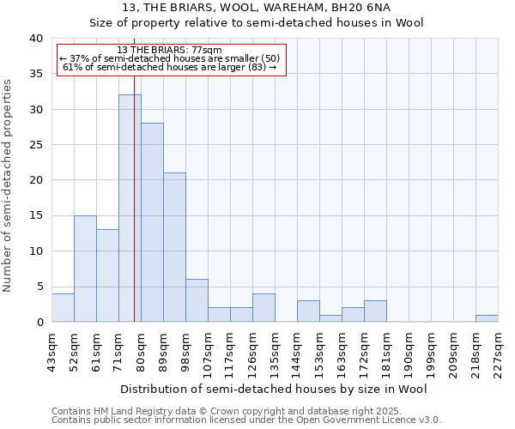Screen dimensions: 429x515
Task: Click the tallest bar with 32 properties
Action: click(130, 208)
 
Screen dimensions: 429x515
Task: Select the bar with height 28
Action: click(152, 222)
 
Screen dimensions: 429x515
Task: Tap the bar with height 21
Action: click(174, 247)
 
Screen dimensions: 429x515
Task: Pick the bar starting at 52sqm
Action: click(85, 269)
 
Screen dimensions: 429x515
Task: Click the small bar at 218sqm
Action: click(487, 318)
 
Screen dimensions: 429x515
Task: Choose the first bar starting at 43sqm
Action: click(63, 307)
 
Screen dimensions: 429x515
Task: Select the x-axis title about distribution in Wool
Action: click(274, 389)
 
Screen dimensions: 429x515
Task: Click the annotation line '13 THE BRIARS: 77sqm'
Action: click(169, 50)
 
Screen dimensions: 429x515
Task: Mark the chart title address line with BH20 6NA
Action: click(257, 7)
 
